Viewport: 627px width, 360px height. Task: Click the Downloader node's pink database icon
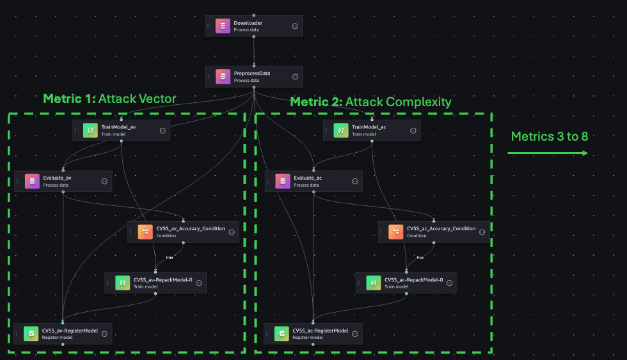tap(223, 26)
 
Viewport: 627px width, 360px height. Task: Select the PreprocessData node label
tap(251, 74)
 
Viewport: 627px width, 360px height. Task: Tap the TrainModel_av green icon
tap(90, 130)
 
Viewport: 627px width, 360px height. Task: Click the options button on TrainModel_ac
tap(413, 130)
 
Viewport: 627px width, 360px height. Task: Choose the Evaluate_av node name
tap(57, 178)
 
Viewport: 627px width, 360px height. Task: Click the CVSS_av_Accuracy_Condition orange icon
tap(145, 231)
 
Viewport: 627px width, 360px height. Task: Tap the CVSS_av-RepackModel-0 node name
tap(163, 279)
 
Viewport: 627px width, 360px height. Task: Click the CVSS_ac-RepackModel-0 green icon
tap(373, 283)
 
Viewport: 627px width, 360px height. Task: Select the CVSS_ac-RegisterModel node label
tap(320, 331)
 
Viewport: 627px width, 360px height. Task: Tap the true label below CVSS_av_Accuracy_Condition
tap(170, 257)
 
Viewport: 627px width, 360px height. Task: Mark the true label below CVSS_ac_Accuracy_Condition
tap(420, 257)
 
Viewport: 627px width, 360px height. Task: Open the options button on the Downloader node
tap(295, 26)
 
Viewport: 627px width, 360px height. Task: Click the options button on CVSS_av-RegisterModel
tap(104, 333)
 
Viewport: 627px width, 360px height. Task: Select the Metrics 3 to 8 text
tap(550, 136)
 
